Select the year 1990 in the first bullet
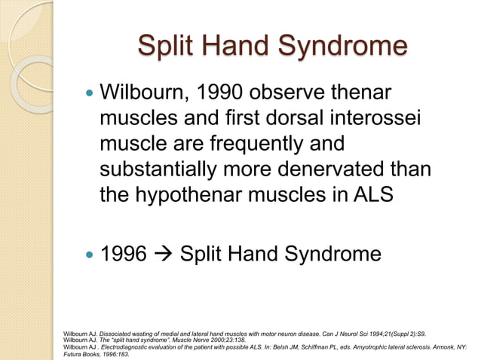tap(225, 96)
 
